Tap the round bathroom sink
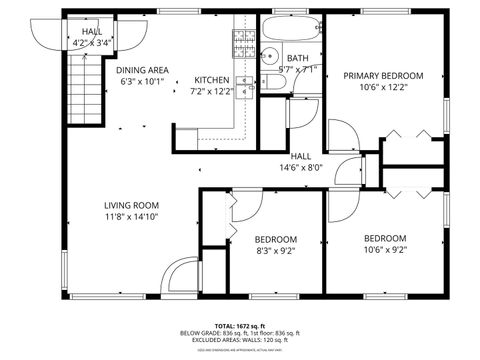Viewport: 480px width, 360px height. [x=272, y=57]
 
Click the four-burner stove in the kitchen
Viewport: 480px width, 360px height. [x=244, y=41]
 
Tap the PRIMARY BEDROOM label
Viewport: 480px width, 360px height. [x=383, y=76]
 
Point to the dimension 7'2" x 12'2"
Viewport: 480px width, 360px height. [x=211, y=92]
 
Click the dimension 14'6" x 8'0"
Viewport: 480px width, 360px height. [x=300, y=168]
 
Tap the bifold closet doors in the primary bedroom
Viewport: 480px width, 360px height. [x=403, y=132]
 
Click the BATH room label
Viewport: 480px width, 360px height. [x=298, y=58]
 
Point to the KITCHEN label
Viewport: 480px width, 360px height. [x=211, y=80]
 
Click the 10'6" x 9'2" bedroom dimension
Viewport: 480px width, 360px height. [x=384, y=251]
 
